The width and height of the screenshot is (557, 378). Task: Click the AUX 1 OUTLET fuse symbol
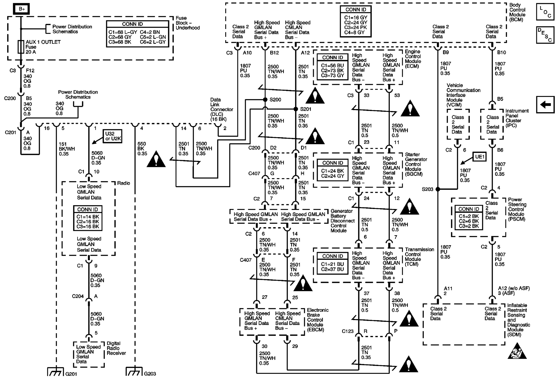(x=21, y=47)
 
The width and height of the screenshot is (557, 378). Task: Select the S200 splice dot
(x=265, y=100)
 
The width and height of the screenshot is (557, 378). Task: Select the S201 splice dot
(x=295, y=109)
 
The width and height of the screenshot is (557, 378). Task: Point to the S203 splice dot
(x=437, y=189)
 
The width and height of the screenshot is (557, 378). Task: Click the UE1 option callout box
(x=479, y=157)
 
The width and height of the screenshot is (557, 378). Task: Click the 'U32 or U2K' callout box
(x=113, y=136)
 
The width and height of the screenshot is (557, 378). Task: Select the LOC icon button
(x=545, y=12)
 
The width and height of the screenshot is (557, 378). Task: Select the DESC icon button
(x=545, y=35)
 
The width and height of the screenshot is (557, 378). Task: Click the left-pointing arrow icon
(x=545, y=105)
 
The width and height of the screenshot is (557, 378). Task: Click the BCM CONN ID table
(x=356, y=21)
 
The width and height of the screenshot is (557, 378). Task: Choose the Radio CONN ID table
(x=88, y=218)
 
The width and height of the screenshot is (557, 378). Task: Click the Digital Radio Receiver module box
(x=89, y=354)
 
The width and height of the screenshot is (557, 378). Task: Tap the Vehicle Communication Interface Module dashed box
(x=458, y=124)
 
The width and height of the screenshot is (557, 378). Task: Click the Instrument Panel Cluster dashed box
(x=492, y=124)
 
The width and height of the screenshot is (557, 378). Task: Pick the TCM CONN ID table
(x=333, y=263)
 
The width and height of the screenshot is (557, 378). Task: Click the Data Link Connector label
(x=221, y=109)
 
